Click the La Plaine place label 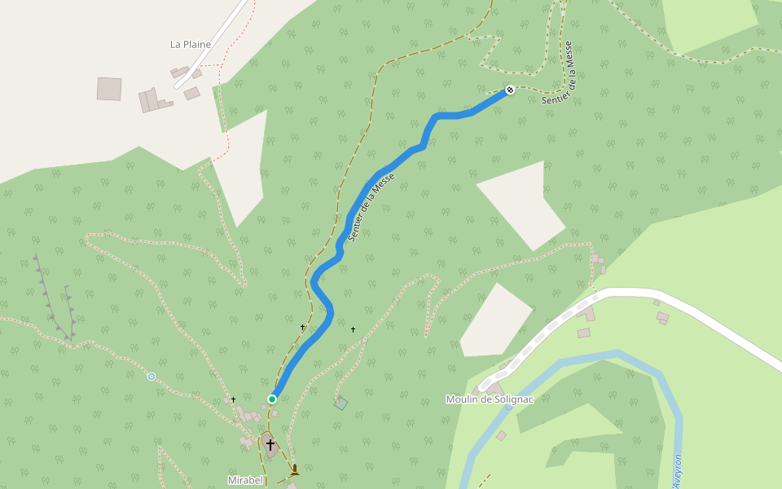click(x=191, y=45)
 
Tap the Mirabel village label click(x=245, y=480)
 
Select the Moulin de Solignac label click(x=490, y=399)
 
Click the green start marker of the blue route click(x=272, y=399)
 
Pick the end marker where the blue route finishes click(x=510, y=90)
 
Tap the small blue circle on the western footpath click(x=152, y=376)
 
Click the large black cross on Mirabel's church click(x=270, y=445)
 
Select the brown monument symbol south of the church click(x=294, y=469)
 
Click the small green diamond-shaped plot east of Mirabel click(x=340, y=403)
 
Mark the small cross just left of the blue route click(x=302, y=328)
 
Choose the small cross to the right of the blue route click(x=353, y=329)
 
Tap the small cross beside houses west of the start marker click(x=233, y=399)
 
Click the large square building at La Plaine click(x=109, y=89)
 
